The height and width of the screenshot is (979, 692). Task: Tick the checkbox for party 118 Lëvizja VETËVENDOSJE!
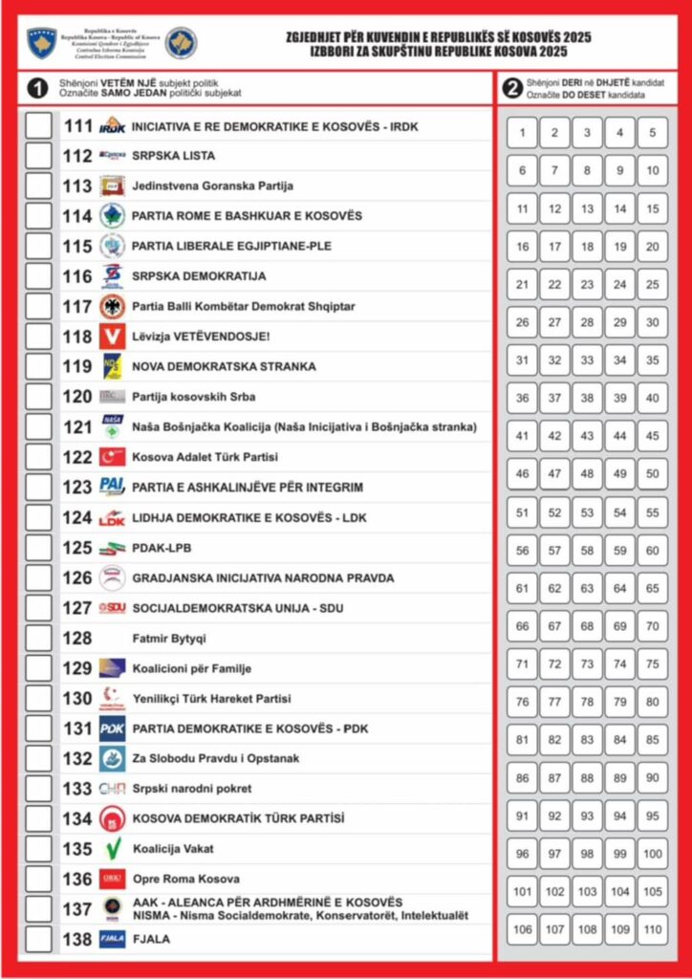(x=38, y=337)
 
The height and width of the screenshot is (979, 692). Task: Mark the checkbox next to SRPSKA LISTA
(x=38, y=155)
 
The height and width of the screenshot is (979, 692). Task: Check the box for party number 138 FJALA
(x=38, y=939)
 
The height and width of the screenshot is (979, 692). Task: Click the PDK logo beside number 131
(x=113, y=729)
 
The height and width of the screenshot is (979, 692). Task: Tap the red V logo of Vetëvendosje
(x=113, y=337)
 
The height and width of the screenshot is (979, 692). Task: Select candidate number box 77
(x=554, y=702)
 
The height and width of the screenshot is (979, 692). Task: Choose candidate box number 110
(x=652, y=929)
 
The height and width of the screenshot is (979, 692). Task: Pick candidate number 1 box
(x=522, y=132)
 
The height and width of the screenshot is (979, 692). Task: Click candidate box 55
(x=652, y=512)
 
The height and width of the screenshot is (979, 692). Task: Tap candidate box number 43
(x=587, y=436)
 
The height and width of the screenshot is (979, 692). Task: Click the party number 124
(x=77, y=517)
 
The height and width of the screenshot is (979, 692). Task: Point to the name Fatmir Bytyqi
(x=169, y=638)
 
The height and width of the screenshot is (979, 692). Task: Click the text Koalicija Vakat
(x=173, y=849)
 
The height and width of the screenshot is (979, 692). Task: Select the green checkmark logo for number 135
(x=113, y=849)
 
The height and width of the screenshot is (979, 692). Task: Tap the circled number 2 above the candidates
(x=513, y=89)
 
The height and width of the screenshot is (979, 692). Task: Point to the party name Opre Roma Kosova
(x=186, y=879)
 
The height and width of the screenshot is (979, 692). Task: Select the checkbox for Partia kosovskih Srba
(x=38, y=397)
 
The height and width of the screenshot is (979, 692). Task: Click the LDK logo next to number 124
(x=113, y=517)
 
